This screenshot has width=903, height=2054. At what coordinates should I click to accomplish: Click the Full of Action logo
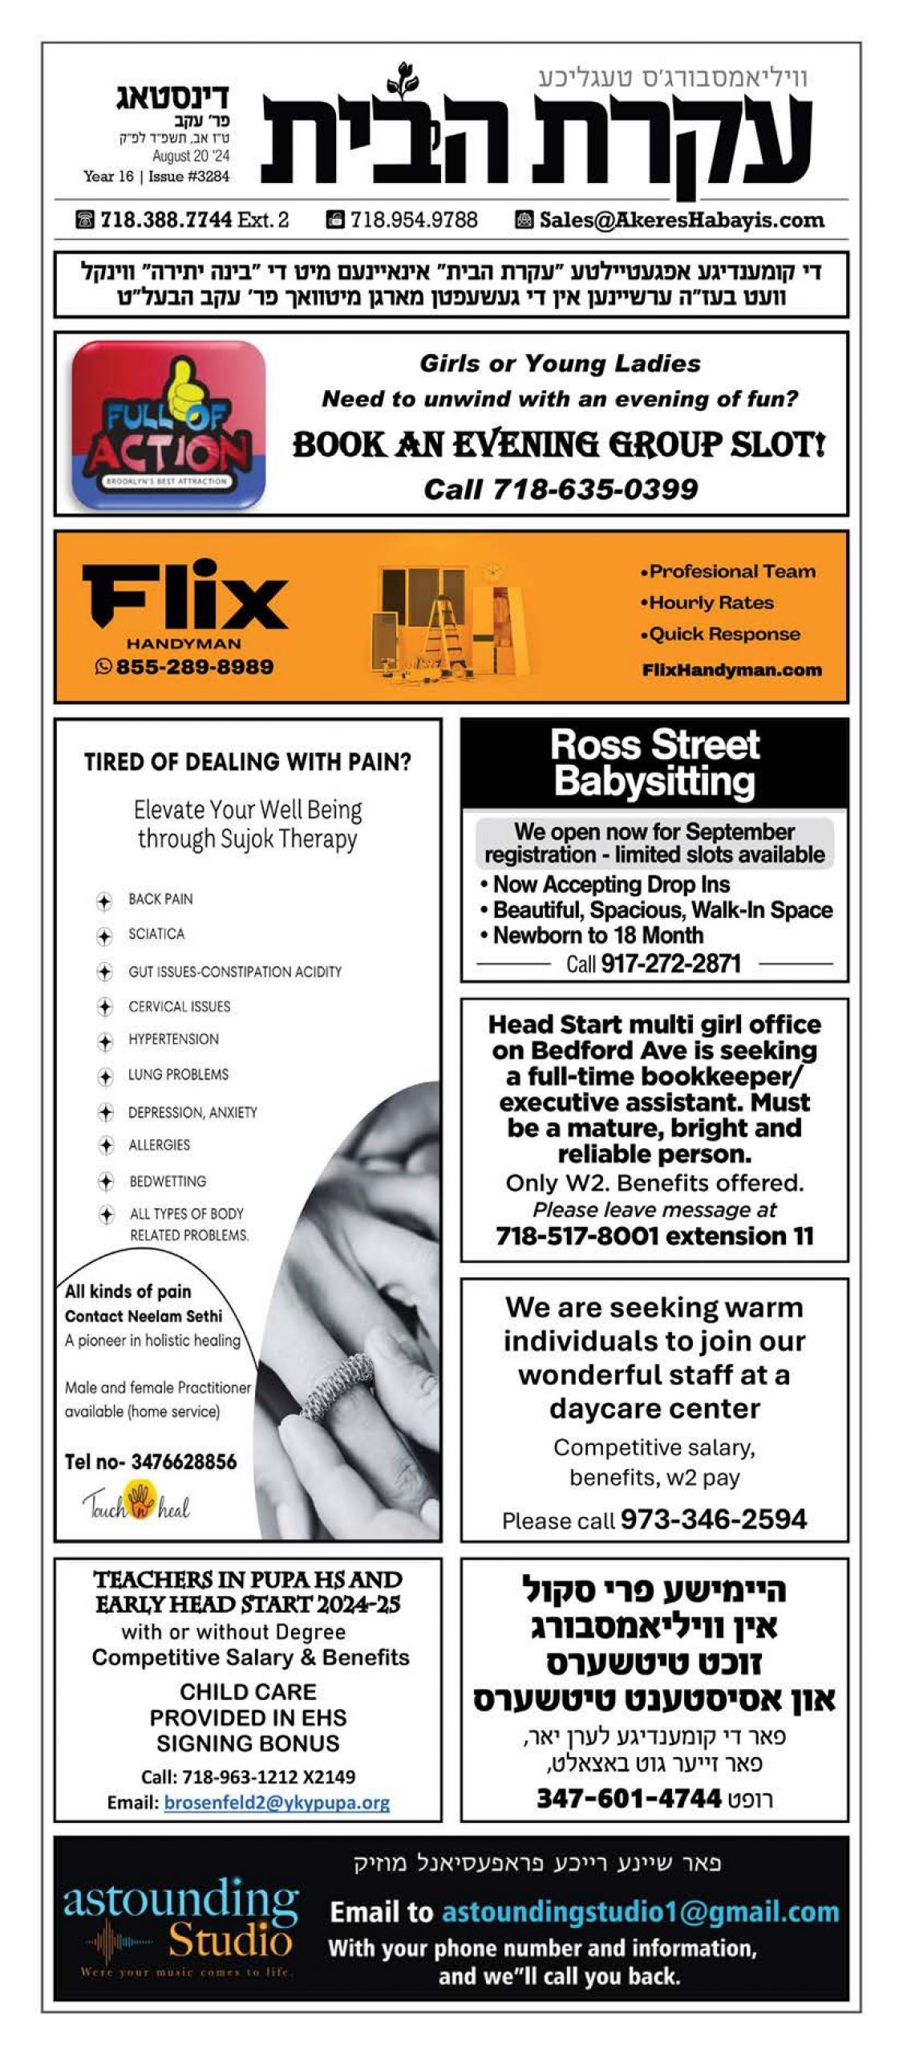click(x=168, y=425)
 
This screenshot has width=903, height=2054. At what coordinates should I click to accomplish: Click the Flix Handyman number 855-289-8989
click(x=194, y=666)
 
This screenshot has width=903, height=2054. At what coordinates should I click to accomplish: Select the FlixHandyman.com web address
click(x=731, y=670)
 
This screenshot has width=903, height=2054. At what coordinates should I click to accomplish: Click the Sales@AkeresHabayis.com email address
click(x=681, y=220)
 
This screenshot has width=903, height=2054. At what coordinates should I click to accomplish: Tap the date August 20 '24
click(x=191, y=156)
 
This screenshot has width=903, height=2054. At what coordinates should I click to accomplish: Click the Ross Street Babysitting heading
click(x=654, y=762)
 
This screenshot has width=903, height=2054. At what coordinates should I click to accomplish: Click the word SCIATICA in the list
click(x=156, y=934)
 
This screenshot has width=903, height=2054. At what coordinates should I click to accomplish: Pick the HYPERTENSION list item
click(x=173, y=1039)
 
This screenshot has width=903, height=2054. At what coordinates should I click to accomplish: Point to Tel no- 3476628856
click(x=151, y=1462)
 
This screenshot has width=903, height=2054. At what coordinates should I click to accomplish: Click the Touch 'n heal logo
click(x=137, y=1504)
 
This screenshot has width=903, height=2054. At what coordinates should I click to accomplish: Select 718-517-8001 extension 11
click(x=654, y=1236)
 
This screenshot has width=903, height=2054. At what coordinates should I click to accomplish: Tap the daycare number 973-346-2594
click(x=713, y=1519)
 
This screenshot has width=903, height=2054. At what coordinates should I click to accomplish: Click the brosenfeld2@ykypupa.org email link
click(x=277, y=1803)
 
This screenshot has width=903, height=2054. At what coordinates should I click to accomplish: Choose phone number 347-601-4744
click(x=629, y=1798)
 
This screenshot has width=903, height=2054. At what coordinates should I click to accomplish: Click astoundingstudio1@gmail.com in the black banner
click(x=640, y=1912)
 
